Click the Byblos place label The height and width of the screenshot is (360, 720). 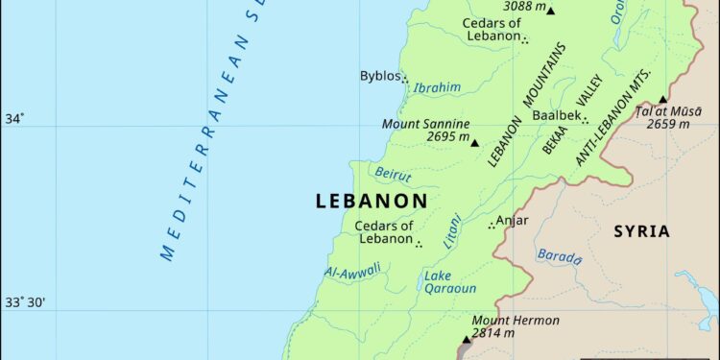(x=379, y=76)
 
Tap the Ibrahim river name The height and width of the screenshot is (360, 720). (x=437, y=87)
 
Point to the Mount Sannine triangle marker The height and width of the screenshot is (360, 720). (x=473, y=142)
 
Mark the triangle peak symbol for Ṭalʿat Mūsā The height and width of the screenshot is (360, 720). (x=662, y=99)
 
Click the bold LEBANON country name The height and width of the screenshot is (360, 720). (x=371, y=202)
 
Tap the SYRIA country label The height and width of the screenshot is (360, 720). (x=642, y=231)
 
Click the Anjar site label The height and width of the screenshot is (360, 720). (x=513, y=220)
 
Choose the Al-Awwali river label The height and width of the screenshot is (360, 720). (x=352, y=272)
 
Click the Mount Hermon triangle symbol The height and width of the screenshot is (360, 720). (x=467, y=339)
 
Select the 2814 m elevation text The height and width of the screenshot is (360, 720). (x=495, y=333)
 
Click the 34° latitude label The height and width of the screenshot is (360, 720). (x=15, y=119)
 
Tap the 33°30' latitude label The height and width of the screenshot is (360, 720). (x=27, y=302)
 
